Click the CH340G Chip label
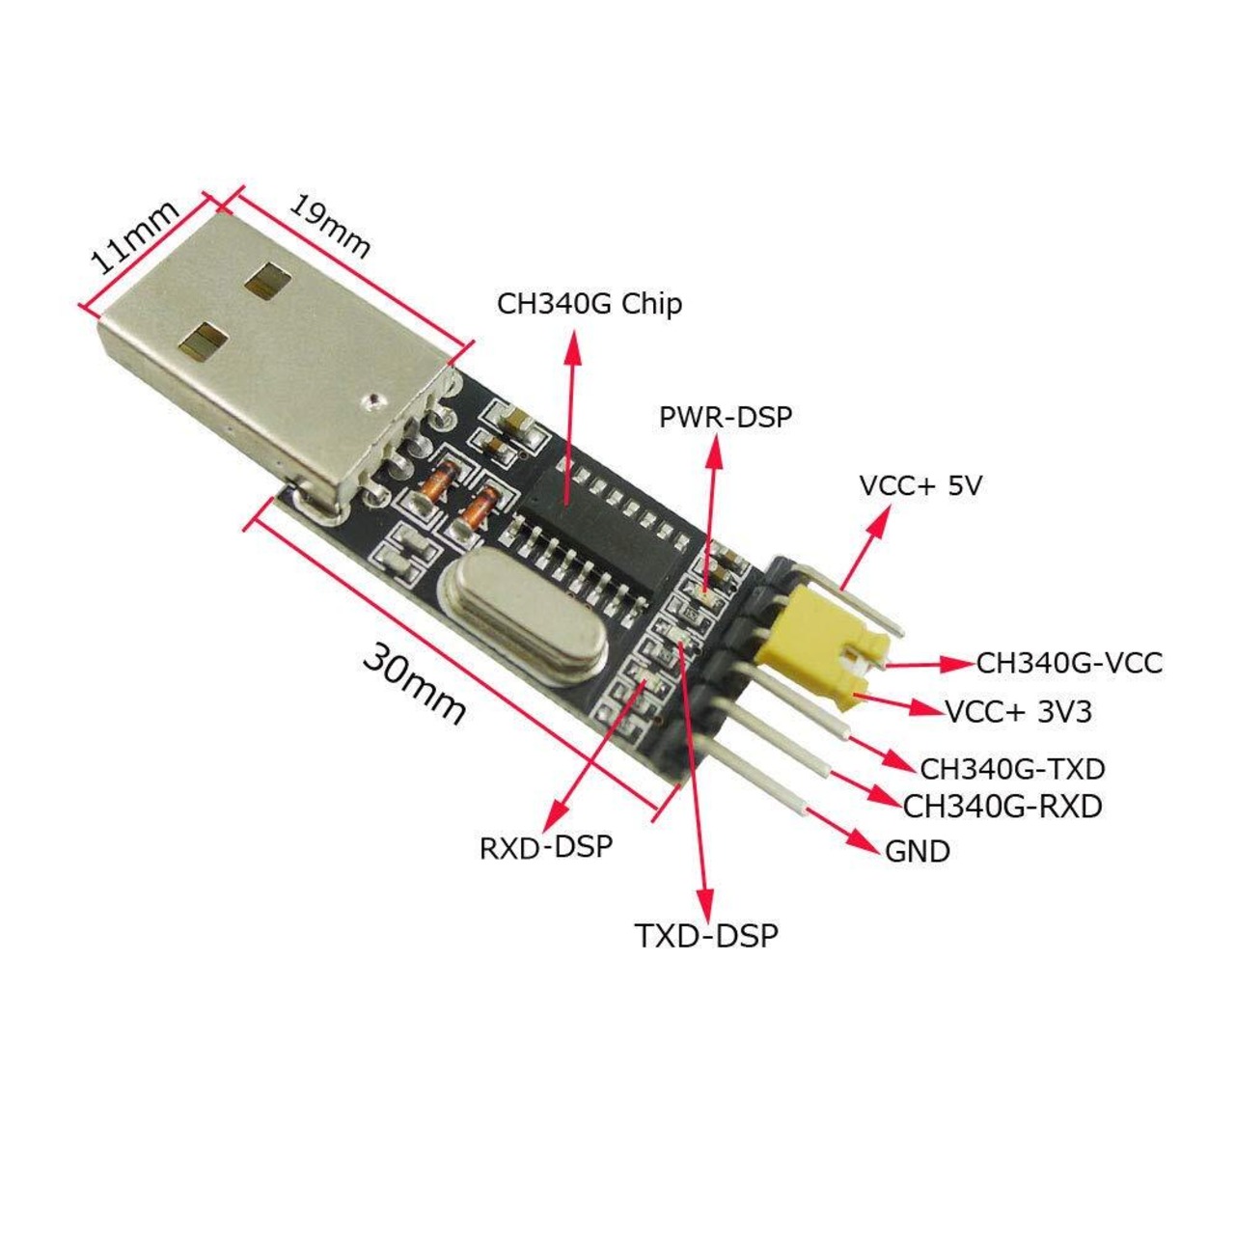589,304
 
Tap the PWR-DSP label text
725,417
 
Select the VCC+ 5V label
919,485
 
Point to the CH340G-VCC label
1069,663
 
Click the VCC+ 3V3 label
1019,712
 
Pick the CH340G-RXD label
1002,806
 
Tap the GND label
918,851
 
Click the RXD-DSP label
546,847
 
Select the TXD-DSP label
706,935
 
